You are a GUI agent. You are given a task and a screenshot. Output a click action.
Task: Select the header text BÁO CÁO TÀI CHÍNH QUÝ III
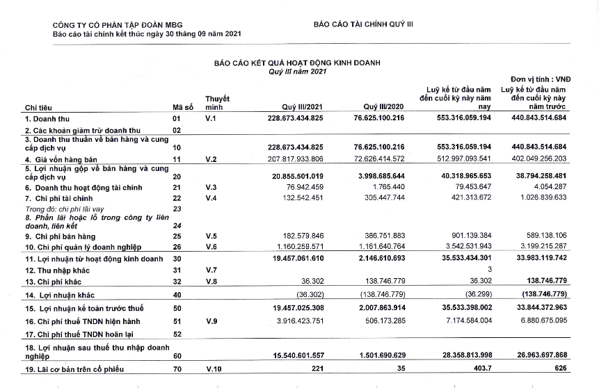(363, 24)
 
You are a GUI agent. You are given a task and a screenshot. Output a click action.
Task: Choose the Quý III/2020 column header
(383, 107)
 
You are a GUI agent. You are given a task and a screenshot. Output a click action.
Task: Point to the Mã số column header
(183, 107)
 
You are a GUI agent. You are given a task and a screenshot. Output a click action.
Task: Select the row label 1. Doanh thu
(44, 118)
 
